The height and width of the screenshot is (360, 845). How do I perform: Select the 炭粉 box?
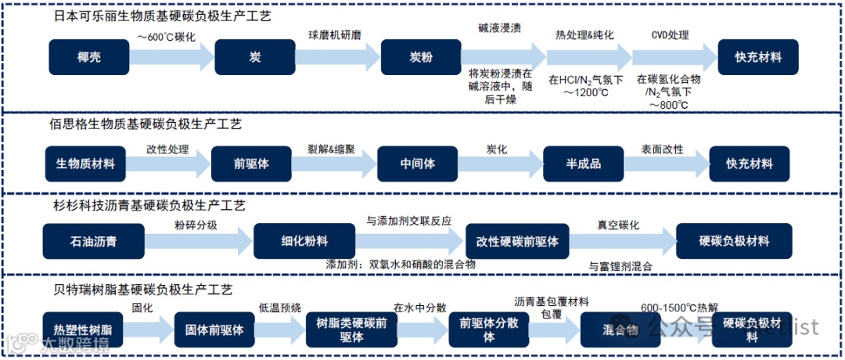click(x=421, y=57)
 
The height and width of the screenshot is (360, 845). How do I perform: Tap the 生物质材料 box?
click(x=85, y=164)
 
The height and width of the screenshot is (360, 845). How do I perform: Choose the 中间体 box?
click(x=416, y=164)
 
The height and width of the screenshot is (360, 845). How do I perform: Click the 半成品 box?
click(x=583, y=164)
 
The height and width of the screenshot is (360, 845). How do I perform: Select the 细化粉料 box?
click(x=293, y=242)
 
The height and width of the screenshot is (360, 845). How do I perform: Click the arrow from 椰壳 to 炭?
click(x=172, y=57)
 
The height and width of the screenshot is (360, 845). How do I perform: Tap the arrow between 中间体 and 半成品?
click(x=500, y=164)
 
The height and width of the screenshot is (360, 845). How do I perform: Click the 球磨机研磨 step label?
click(x=334, y=34)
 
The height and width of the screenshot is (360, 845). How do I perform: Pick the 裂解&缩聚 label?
click(x=333, y=149)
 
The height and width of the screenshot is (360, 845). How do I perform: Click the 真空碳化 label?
click(x=618, y=225)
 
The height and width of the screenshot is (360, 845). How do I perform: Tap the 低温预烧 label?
click(x=279, y=308)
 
